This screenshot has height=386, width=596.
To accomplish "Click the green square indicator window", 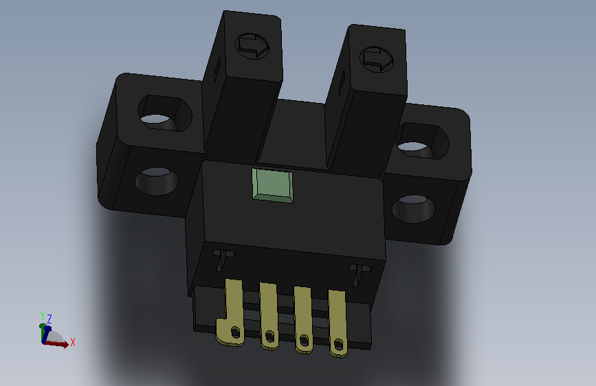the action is pos(272,185).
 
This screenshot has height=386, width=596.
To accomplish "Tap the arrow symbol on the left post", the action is pos(252,46).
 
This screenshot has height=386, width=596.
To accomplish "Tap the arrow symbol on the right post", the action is pos(376,59).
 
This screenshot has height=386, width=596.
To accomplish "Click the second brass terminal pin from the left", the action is pos(269,316).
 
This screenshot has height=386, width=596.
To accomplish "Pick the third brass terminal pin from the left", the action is pos(303,320).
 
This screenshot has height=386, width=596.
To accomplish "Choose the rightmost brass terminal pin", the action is pos(338,323).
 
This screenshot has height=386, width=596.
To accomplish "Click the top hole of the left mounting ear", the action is pos(165,113).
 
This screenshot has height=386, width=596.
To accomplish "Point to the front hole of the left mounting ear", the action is pos(157,181).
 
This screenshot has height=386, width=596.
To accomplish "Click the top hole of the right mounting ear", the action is pos(422,141).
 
